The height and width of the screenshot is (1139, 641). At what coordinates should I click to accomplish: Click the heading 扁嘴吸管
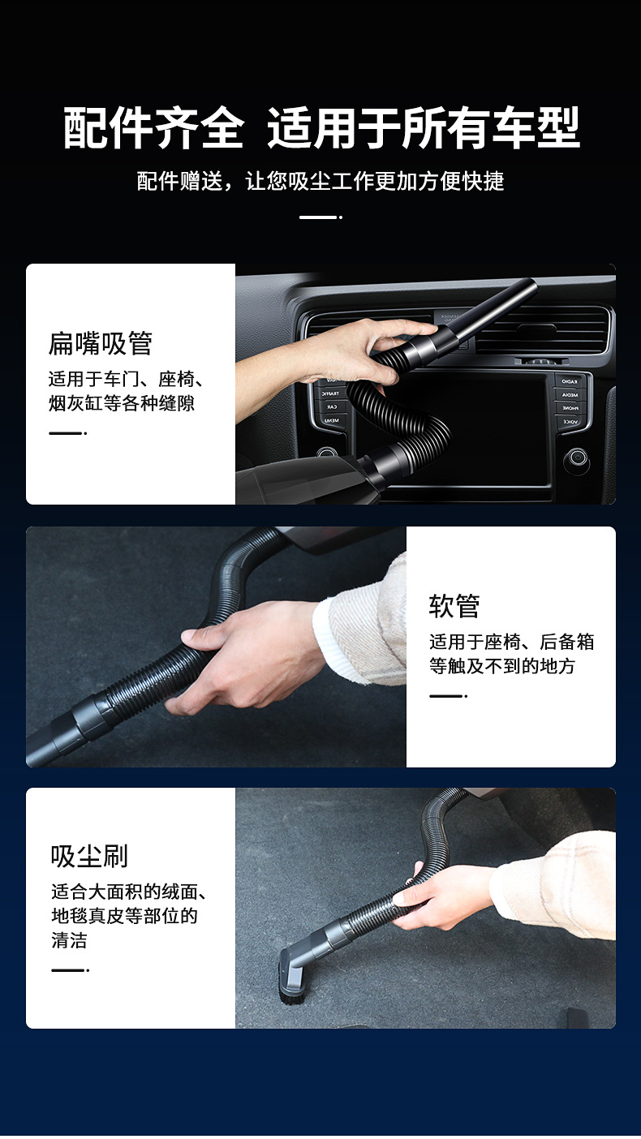click(x=101, y=344)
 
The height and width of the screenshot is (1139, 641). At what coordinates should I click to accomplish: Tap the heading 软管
click(x=454, y=606)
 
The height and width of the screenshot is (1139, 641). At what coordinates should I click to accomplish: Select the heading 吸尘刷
click(x=89, y=856)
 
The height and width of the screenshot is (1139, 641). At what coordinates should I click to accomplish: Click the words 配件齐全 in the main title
click(x=154, y=128)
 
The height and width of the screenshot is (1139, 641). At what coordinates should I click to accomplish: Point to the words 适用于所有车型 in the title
click(x=424, y=128)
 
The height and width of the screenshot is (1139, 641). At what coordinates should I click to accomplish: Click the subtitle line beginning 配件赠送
click(x=320, y=181)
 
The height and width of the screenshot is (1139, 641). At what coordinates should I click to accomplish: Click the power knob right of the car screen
click(x=576, y=458)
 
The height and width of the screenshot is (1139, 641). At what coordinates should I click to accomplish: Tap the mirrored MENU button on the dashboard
click(x=330, y=420)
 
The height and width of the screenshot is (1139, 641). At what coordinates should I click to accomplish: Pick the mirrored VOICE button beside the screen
click(x=571, y=422)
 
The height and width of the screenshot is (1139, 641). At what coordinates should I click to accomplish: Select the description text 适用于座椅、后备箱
click(x=511, y=643)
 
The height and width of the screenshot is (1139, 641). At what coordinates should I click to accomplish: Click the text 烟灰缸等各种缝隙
click(x=122, y=403)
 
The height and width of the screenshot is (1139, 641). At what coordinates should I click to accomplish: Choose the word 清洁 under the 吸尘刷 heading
click(x=69, y=941)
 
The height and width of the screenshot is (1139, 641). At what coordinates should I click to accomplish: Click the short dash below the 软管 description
click(x=447, y=696)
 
